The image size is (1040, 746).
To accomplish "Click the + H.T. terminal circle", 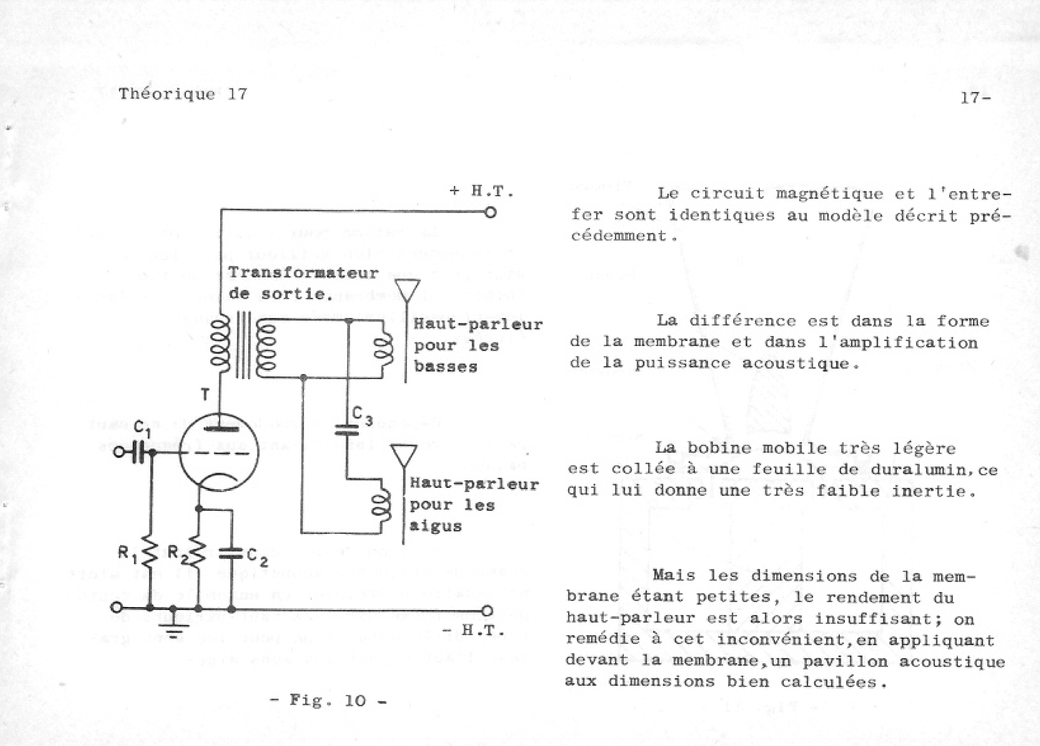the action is click(491, 213).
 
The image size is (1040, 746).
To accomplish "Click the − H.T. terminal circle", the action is click(487, 611).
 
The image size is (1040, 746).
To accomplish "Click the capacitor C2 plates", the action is click(231, 554).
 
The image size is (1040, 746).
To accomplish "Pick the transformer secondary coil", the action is click(265, 348).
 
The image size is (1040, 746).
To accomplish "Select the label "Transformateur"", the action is click(304, 273).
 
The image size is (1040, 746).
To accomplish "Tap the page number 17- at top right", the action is click(976, 97).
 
